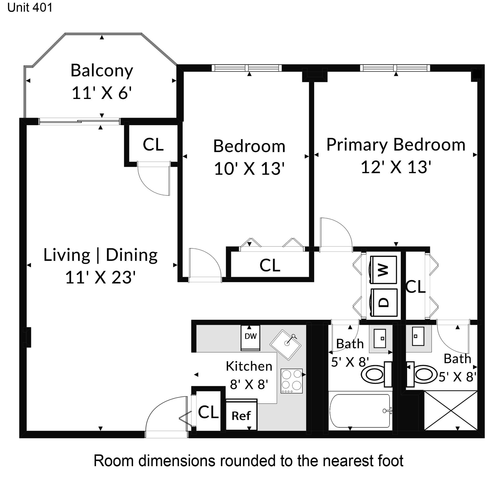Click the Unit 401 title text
(x=30, y=8)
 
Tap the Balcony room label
(x=102, y=71)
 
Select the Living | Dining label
(x=101, y=255)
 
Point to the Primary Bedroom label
(x=396, y=145)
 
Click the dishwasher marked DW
(x=251, y=338)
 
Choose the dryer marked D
(x=383, y=302)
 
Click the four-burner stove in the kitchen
(x=292, y=381)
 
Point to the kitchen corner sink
(x=286, y=345)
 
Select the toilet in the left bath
(x=377, y=374)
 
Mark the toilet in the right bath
(x=422, y=374)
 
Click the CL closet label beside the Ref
(x=208, y=412)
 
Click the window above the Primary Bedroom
(x=395, y=68)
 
